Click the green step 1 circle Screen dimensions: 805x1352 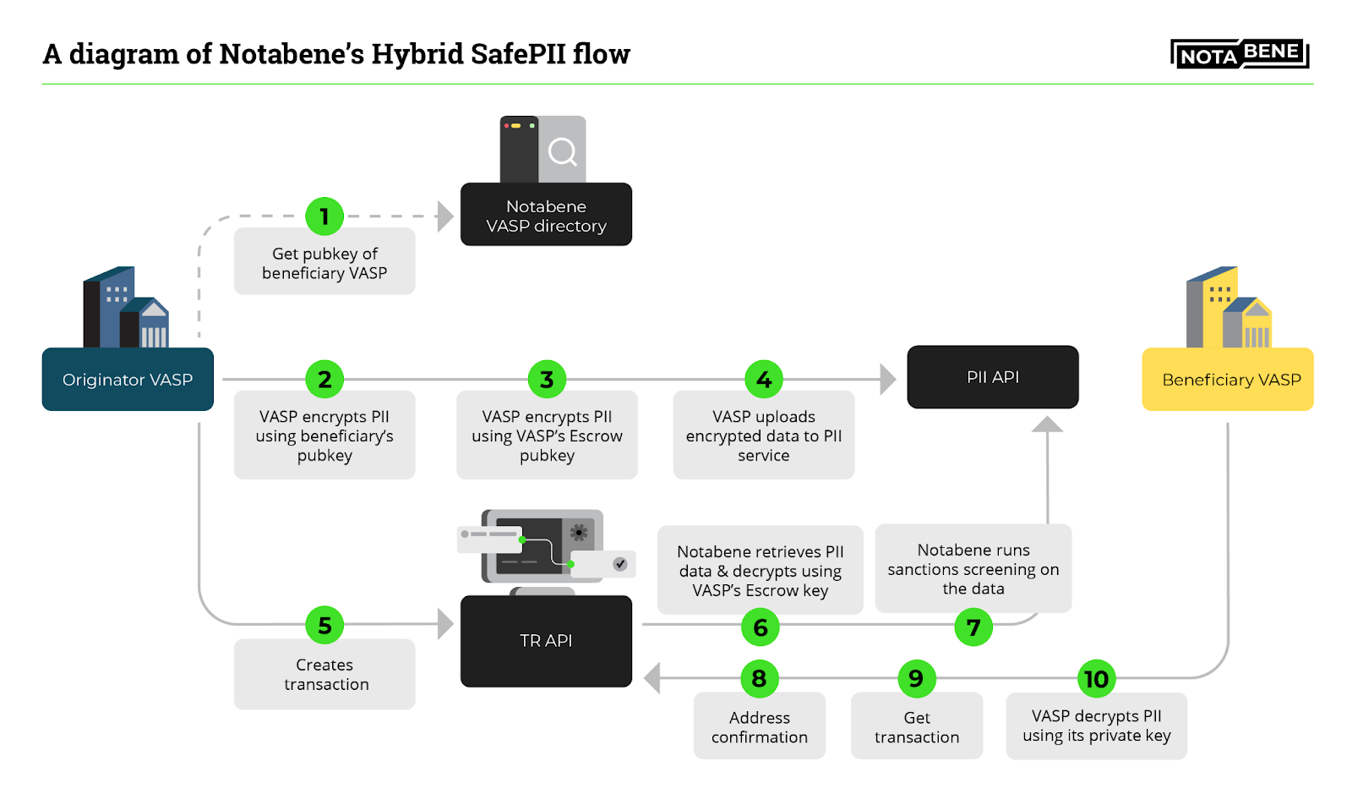[x=324, y=216]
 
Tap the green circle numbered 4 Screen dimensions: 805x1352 [x=764, y=380]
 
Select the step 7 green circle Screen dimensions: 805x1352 [x=973, y=627]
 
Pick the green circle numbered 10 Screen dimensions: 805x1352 [x=1096, y=679]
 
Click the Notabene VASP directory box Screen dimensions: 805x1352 [x=546, y=215]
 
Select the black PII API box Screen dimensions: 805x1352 [x=993, y=377]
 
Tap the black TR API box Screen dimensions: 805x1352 [x=546, y=641]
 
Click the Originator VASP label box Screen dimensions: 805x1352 [x=128, y=380]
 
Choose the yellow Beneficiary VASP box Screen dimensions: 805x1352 [x=1228, y=380]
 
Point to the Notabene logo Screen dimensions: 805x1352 [x=1240, y=54]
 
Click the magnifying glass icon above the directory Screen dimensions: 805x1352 [x=562, y=152]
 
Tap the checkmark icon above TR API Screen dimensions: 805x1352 [x=620, y=564]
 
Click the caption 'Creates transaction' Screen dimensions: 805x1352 [x=325, y=675]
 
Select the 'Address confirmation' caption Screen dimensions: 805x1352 [x=760, y=727]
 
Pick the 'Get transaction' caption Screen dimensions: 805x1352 [x=917, y=727]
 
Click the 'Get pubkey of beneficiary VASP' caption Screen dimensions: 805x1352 [x=324, y=263]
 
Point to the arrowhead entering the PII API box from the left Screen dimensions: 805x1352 [x=887, y=380]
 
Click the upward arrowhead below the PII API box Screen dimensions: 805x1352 [x=1048, y=424]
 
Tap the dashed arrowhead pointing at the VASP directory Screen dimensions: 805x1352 [x=445, y=216]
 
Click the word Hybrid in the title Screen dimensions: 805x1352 [x=417, y=54]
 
